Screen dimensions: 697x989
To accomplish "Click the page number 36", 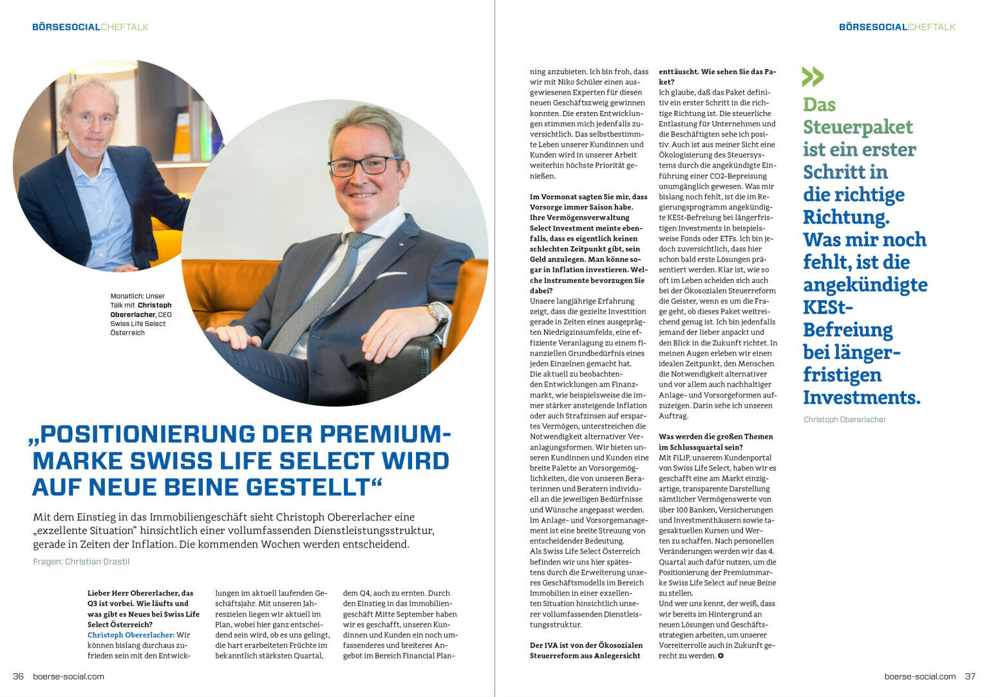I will pos(18,676).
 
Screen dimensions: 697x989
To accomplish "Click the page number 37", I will pos(970,676).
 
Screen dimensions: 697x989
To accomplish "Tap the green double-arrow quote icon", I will pos(813,77).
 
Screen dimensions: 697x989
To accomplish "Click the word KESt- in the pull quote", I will pos(828,307).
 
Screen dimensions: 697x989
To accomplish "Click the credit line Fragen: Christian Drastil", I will pos(81,562).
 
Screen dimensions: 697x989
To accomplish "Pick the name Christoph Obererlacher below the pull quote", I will pos(844,419).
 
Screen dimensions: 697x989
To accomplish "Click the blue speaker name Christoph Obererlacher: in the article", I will pos(131,635).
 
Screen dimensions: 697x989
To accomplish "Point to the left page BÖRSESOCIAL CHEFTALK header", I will pos(90,27).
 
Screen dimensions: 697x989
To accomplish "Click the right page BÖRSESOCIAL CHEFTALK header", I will pos(897,27).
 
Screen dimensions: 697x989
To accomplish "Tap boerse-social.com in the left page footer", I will pos(68,676).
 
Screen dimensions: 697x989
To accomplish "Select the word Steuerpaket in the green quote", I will pos(858,127).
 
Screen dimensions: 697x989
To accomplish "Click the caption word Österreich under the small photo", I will pos(127,333).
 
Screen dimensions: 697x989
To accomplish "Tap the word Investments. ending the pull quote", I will pos(862,397).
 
